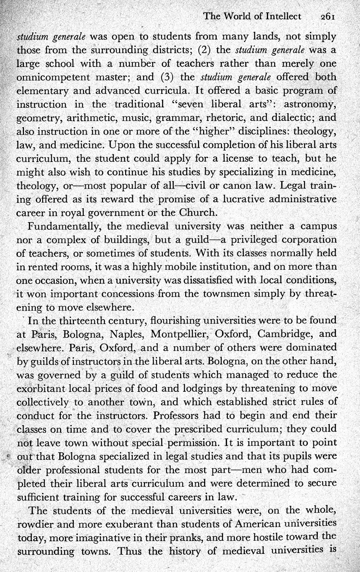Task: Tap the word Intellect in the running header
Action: pyautogui.click(x=280, y=16)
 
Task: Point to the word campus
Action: pyautogui.click(x=318, y=226)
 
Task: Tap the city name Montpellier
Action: pyautogui.click(x=179, y=334)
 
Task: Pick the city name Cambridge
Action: pyautogui.click(x=285, y=334)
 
